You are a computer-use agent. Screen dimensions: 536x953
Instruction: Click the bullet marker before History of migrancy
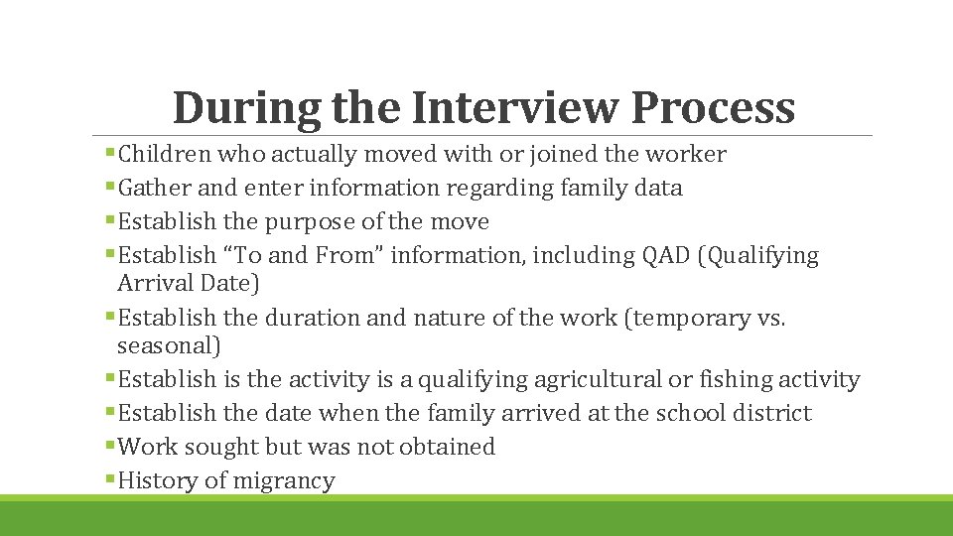click(110, 480)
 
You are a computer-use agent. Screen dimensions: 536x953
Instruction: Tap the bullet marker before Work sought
click(110, 447)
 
